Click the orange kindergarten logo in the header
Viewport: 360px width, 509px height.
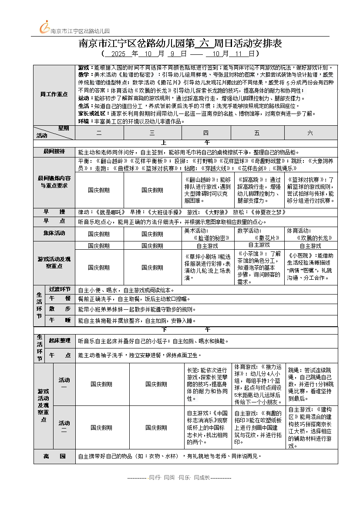(44, 27)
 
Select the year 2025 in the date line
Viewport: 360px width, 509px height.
(118, 54)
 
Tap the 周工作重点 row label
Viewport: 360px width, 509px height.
(54, 94)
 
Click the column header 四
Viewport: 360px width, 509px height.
(205, 133)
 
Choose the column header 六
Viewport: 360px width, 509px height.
(310, 133)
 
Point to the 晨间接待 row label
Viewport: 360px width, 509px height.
(54, 151)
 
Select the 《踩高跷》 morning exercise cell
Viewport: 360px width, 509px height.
(259, 190)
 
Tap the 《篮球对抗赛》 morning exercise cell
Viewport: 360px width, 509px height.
(311, 190)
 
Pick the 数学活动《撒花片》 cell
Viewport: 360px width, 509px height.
(259, 234)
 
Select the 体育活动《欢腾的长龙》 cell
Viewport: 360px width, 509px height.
(311, 234)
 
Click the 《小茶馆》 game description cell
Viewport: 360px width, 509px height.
(259, 267)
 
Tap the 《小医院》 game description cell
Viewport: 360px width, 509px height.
(311, 267)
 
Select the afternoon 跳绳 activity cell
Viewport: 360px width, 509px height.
(311, 384)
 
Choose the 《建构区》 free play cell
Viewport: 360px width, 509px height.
(311, 428)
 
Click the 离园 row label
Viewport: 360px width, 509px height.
(54, 456)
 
